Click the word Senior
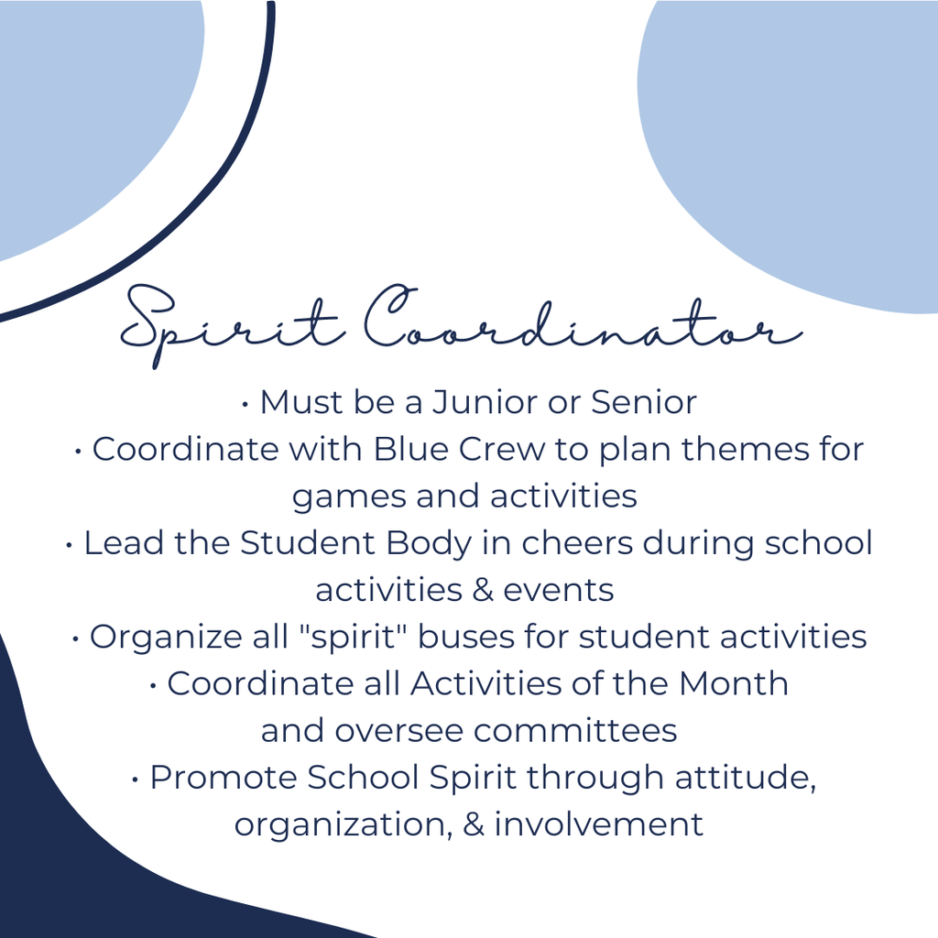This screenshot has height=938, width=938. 644,402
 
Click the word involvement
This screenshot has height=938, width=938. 599,824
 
